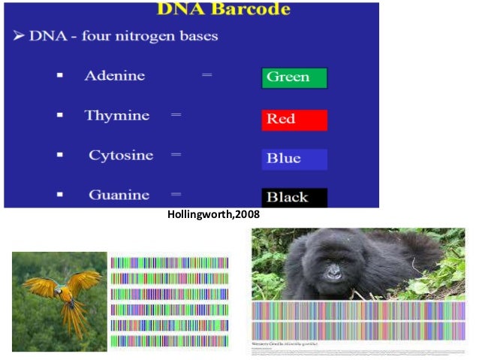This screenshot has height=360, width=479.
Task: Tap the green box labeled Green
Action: coord(294,78)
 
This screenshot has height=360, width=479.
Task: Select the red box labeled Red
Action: coord(294,119)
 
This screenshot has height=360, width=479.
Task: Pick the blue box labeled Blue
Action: coord(294,159)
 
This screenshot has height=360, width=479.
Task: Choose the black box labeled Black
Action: coord(294,198)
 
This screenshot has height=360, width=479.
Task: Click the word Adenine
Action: coord(115,76)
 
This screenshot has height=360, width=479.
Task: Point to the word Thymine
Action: coord(116,116)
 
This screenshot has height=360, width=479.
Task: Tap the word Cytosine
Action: coord(120,156)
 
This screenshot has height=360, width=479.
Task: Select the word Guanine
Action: coord(119,195)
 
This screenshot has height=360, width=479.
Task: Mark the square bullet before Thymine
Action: coord(59,116)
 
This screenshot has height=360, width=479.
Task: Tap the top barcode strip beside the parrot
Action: coord(169,262)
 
